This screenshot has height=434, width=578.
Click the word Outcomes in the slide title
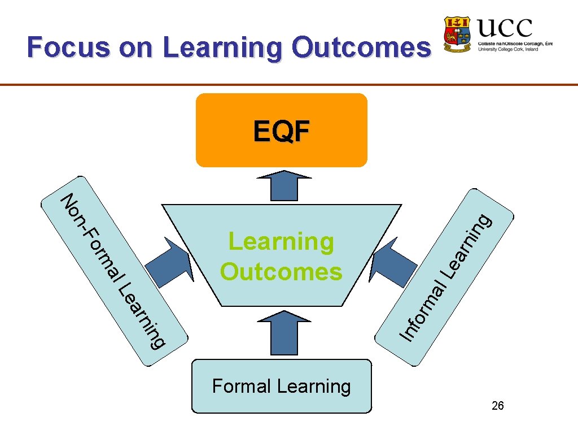pyautogui.click(x=361, y=47)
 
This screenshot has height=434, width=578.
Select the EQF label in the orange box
pyautogui.click(x=281, y=132)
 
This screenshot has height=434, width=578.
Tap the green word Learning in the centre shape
pyautogui.click(x=281, y=242)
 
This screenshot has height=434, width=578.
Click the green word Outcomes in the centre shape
pyautogui.click(x=281, y=272)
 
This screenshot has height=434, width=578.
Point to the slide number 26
pyautogui.click(x=498, y=406)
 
